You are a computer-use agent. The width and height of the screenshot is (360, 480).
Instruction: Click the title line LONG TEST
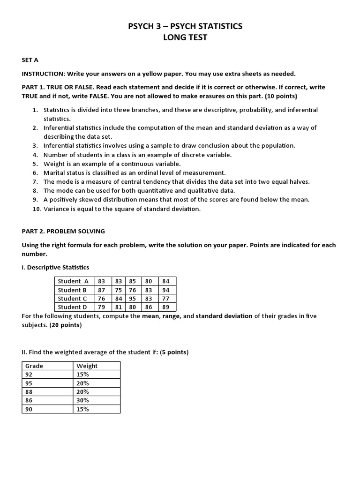tap(185, 38)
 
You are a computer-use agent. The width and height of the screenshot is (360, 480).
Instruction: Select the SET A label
tap(30, 61)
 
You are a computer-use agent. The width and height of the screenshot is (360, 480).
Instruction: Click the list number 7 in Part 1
tap(35, 181)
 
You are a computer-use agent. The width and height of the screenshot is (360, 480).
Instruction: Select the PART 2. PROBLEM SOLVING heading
tap(63, 231)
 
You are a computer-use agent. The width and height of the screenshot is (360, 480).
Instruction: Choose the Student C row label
tap(72, 299)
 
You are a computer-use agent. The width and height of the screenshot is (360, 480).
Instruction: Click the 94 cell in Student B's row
tap(166, 290)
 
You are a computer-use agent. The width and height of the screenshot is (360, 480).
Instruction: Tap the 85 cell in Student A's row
tap(133, 281)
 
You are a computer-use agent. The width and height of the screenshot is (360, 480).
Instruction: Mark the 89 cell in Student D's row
tap(166, 307)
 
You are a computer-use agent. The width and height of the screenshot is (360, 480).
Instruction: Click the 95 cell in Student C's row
tap(133, 299)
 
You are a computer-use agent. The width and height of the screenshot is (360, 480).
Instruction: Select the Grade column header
tap(34, 366)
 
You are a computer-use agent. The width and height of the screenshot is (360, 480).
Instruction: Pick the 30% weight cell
tap(82, 400)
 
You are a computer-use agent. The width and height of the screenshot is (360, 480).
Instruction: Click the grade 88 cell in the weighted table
tap(29, 392)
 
